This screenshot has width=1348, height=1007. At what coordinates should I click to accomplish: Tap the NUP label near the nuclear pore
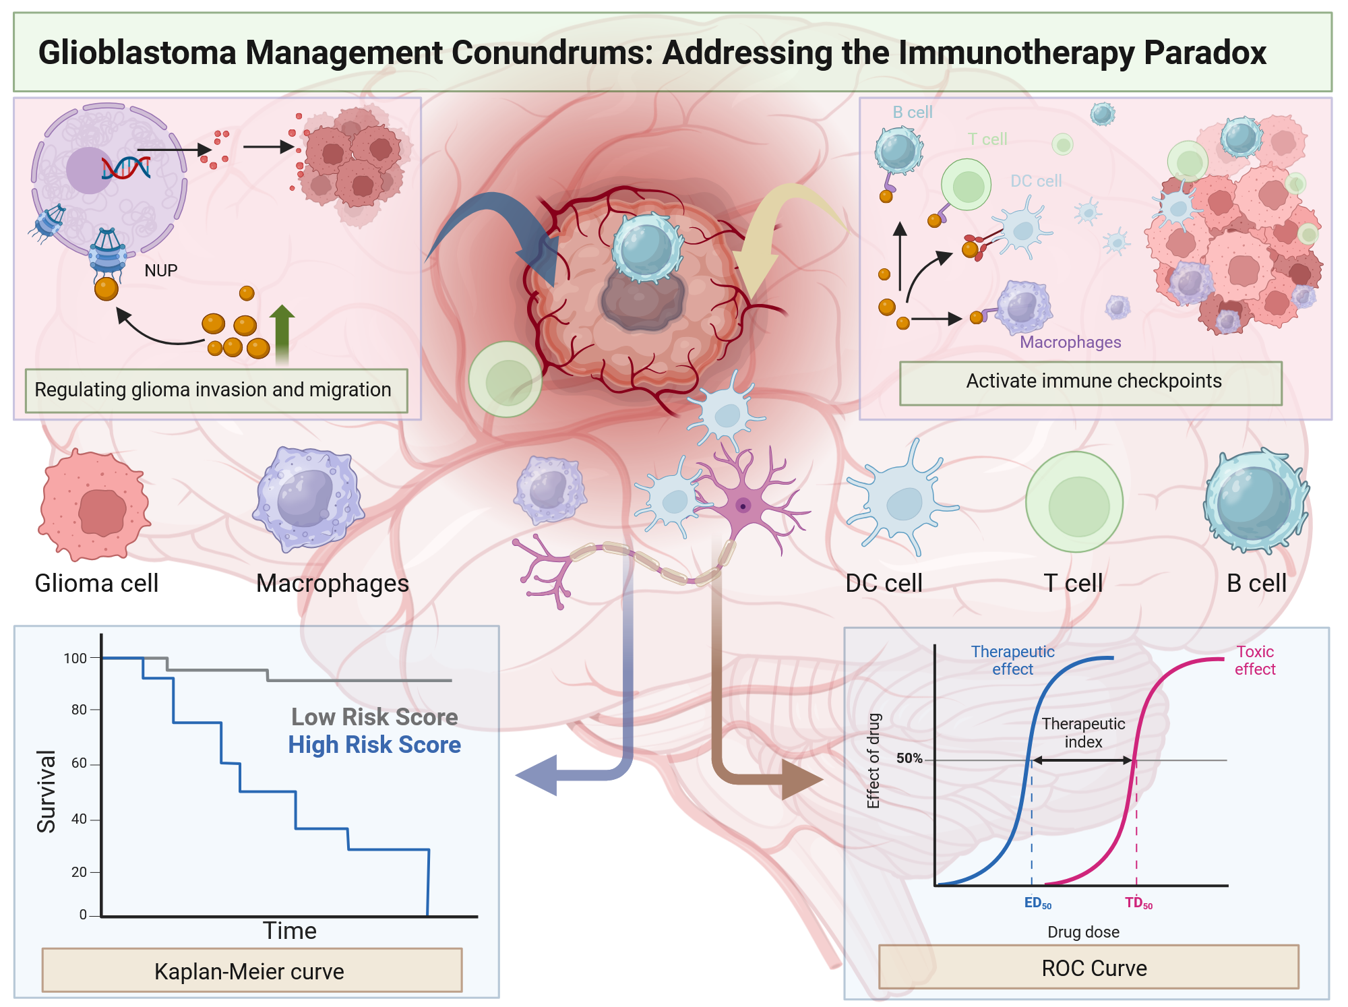[161, 271]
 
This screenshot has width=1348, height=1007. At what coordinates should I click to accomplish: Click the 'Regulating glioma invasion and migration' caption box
[216, 390]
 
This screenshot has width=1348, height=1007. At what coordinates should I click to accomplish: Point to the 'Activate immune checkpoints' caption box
[1091, 382]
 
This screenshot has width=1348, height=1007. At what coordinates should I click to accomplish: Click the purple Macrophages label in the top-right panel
[1070, 342]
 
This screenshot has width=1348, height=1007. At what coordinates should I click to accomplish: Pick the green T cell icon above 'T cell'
[1074, 503]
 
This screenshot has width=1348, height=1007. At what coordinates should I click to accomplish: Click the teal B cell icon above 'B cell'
[1255, 502]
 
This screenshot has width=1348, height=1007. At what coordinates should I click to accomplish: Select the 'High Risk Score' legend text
[375, 745]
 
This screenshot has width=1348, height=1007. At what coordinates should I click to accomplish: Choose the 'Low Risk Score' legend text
[375, 716]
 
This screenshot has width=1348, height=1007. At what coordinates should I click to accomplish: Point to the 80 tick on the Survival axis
[80, 710]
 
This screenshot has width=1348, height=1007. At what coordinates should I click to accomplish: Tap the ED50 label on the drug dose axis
[1037, 903]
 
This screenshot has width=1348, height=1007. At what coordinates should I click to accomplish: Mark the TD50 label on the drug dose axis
[1138, 903]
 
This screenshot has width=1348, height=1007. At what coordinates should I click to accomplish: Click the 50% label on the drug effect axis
[909, 758]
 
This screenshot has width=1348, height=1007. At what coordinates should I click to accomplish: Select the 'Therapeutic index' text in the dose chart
[1083, 733]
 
